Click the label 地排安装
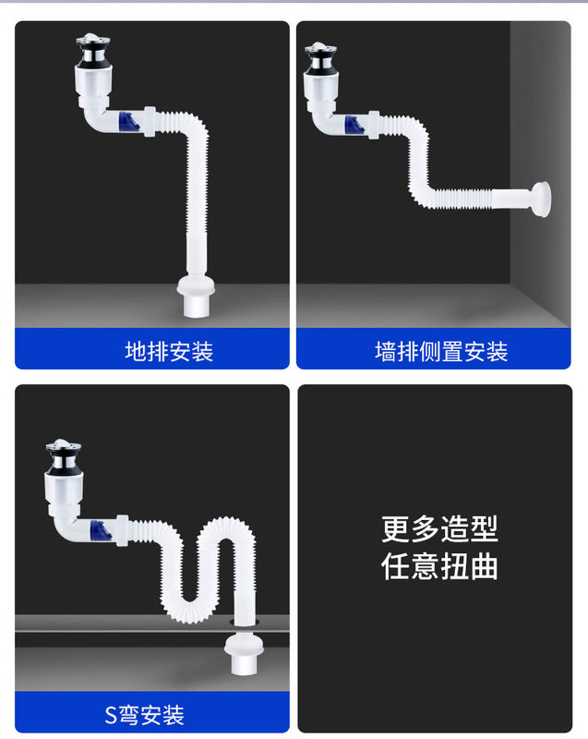[169, 351]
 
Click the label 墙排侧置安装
[441, 352]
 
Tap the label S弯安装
[144, 714]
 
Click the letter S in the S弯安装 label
[111, 715]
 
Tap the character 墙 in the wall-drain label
[386, 352]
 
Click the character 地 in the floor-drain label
[136, 351]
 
